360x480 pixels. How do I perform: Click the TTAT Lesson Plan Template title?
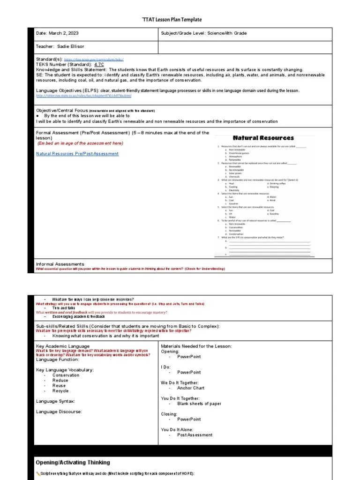point(172,20)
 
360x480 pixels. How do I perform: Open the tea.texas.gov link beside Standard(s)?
point(94,60)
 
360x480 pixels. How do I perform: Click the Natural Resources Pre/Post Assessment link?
point(77,154)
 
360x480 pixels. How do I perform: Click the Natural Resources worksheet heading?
point(263,138)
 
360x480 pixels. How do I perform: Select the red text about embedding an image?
point(81,143)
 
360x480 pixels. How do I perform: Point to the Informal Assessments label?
point(60,264)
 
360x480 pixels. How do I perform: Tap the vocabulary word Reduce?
point(60,380)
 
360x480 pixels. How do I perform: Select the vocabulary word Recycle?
point(60,390)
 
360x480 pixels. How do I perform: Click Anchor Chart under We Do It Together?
point(190,388)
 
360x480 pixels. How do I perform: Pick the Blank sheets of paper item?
point(199,404)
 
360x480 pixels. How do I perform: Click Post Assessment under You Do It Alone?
point(195,435)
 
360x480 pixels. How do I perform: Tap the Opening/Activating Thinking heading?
point(73,463)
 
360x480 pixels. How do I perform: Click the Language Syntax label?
point(55,401)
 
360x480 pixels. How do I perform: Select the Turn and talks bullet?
point(64,308)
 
